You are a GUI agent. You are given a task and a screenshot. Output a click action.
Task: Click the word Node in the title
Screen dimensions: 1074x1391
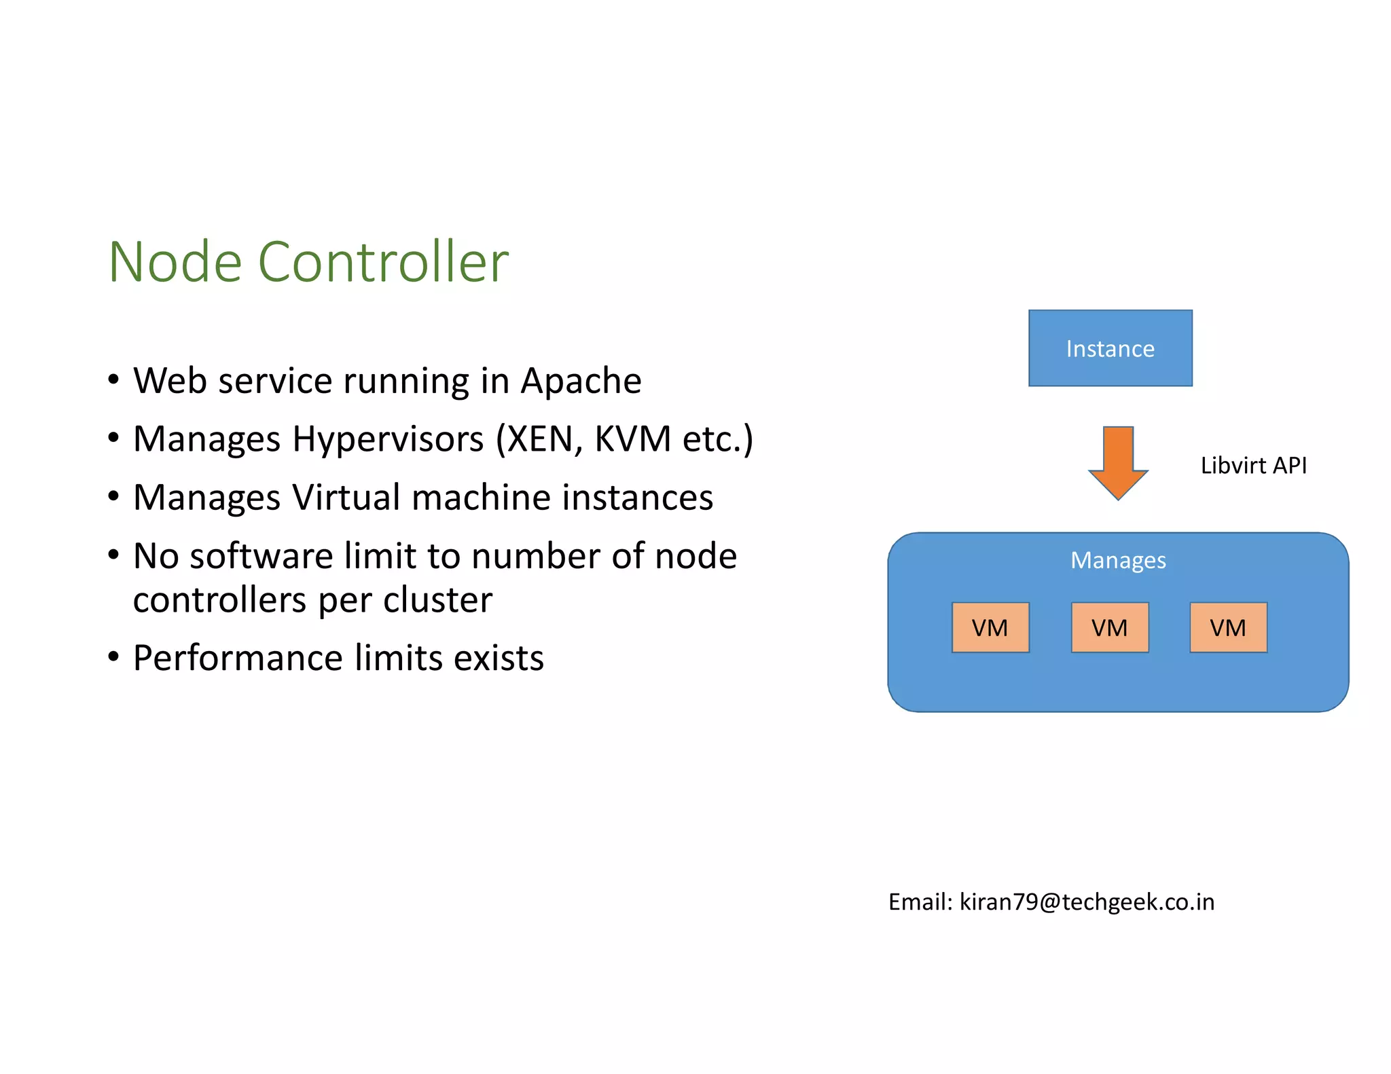(x=175, y=262)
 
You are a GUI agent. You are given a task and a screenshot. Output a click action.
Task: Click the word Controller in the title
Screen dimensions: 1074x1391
(x=383, y=262)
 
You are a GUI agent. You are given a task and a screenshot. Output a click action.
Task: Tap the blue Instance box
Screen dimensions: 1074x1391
(x=1110, y=348)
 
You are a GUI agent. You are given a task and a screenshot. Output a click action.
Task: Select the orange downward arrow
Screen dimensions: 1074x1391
(x=1118, y=462)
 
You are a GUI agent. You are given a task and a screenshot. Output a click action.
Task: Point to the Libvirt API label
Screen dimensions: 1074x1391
(x=1253, y=466)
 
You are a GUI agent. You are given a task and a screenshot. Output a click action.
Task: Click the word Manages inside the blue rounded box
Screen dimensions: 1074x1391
(x=1118, y=561)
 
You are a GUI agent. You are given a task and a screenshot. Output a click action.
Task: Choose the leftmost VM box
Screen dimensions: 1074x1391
(x=990, y=628)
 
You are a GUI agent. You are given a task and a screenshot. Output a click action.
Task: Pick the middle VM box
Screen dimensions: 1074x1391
(x=1109, y=628)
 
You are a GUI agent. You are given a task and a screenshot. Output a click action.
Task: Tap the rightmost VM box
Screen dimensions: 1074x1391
(x=1228, y=628)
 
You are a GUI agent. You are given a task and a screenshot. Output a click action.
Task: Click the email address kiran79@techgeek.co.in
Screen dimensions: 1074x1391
(x=1087, y=902)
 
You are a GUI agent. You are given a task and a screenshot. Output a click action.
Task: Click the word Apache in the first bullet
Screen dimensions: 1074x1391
(x=581, y=381)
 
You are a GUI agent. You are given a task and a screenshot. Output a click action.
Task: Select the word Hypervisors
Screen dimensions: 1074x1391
(x=388, y=440)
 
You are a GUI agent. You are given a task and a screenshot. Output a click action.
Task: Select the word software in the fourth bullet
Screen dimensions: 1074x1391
(x=261, y=557)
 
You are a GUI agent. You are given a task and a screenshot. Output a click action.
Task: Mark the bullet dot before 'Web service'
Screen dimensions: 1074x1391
(x=113, y=379)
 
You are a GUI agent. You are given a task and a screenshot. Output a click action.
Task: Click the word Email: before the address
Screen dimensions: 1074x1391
(x=920, y=902)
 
